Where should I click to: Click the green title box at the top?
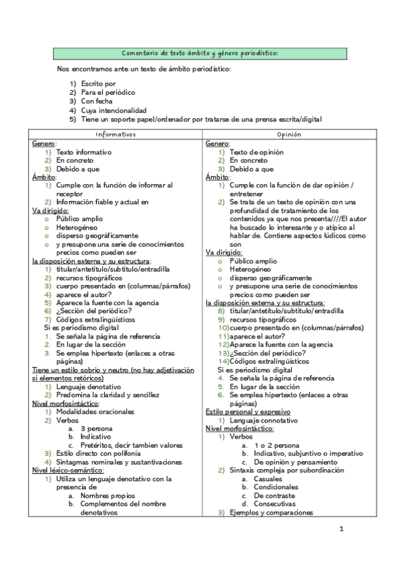click(x=200, y=53)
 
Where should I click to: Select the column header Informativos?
click(x=116, y=134)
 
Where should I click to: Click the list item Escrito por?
click(x=98, y=83)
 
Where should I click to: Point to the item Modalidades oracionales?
click(x=96, y=412)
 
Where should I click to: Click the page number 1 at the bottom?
click(x=341, y=530)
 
